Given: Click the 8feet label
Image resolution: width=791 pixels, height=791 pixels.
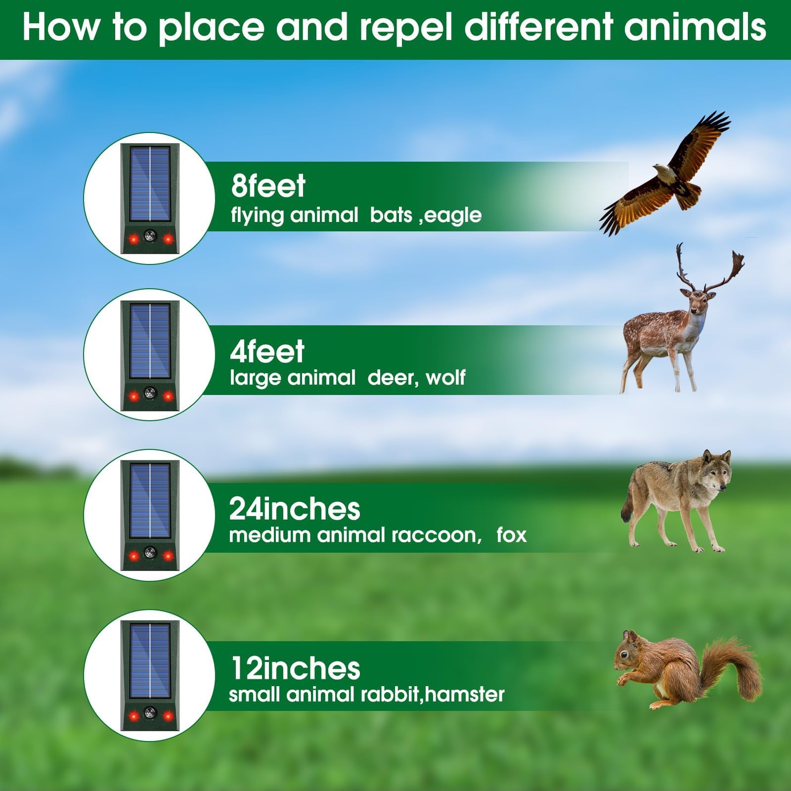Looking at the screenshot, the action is coord(268,186).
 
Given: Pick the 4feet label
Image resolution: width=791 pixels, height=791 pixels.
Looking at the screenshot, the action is coord(267,352).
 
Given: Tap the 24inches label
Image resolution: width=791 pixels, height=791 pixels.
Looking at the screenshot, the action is coord(295,509).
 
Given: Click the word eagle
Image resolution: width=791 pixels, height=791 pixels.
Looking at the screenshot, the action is coord(453,216).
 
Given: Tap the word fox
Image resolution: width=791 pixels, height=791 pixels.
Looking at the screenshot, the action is coord(512,535).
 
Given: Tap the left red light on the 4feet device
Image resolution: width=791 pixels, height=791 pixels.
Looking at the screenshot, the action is coord(133,396).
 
